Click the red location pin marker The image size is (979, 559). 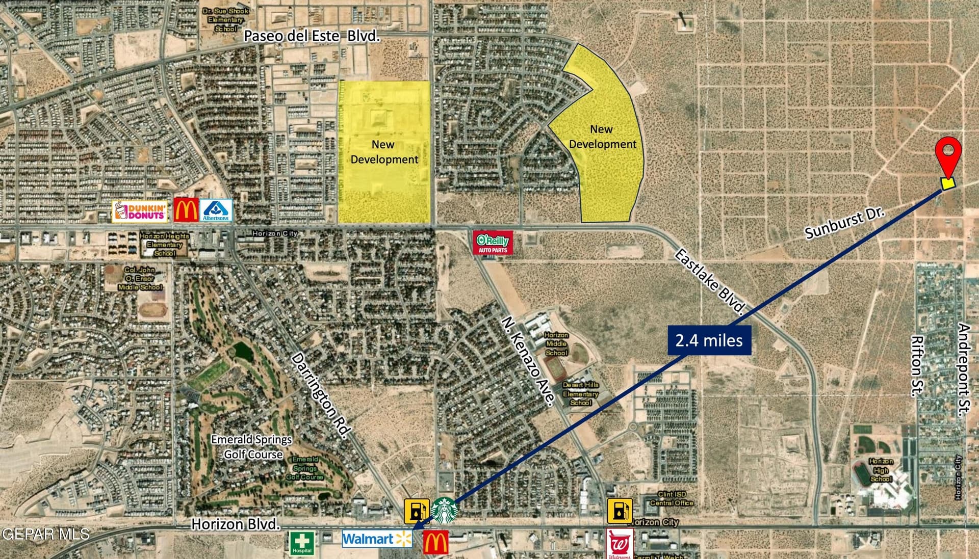pyautogui.click(x=948, y=151)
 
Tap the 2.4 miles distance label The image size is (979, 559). pyautogui.click(x=709, y=340)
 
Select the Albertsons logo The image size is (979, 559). pyautogui.click(x=216, y=210)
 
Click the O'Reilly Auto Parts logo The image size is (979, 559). pyautogui.click(x=493, y=243)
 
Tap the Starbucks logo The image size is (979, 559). pyautogui.click(x=444, y=510)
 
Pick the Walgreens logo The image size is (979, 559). pyautogui.click(x=620, y=545)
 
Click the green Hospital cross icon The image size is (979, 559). pyautogui.click(x=302, y=543)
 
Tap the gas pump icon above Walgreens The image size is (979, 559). pyautogui.click(x=620, y=511)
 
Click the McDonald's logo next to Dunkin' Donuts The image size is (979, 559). pyautogui.click(x=186, y=210)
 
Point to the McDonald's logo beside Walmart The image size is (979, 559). pyautogui.click(x=436, y=542)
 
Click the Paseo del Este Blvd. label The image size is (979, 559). pyautogui.click(x=312, y=36)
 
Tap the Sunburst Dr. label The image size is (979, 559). pyautogui.click(x=844, y=223)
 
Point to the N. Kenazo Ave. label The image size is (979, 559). pyautogui.click(x=528, y=361)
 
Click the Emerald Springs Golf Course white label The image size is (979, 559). pyautogui.click(x=252, y=446)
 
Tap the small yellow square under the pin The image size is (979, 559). pyautogui.click(x=948, y=183)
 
